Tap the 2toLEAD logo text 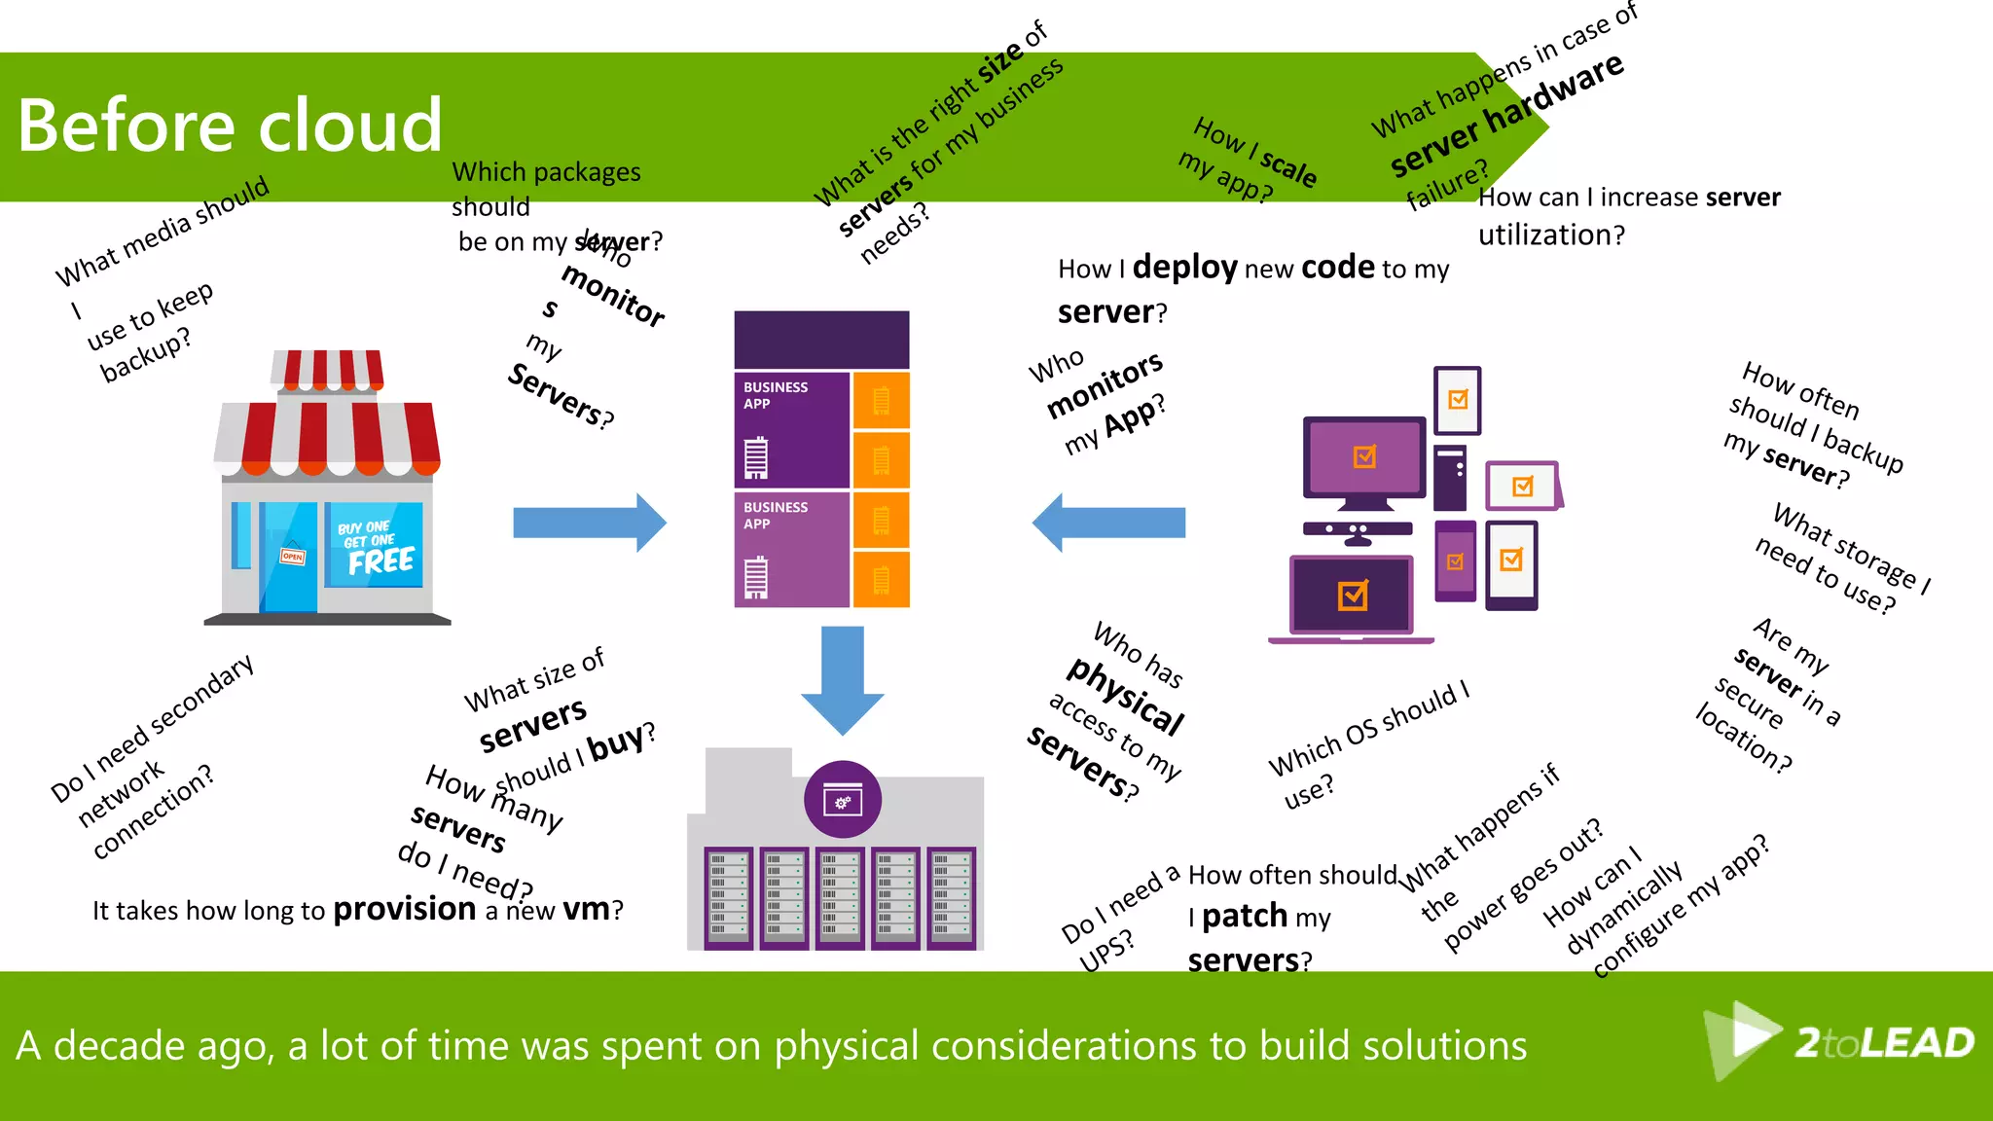tap(1883, 1043)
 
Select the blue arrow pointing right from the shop tap(590, 523)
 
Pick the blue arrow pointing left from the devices tap(1108, 523)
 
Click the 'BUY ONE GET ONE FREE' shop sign tap(375, 547)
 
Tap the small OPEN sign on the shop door tap(292, 557)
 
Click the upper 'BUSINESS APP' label tap(776, 395)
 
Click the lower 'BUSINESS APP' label tap(776, 515)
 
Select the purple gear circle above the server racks tap(843, 800)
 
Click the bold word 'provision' tap(404, 909)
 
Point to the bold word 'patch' tap(1245, 917)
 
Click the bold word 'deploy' tap(1184, 267)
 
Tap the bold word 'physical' tap(1126, 695)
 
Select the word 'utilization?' tap(1551, 235)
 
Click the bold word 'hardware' tap(1554, 92)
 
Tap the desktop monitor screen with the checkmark tap(1364, 456)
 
